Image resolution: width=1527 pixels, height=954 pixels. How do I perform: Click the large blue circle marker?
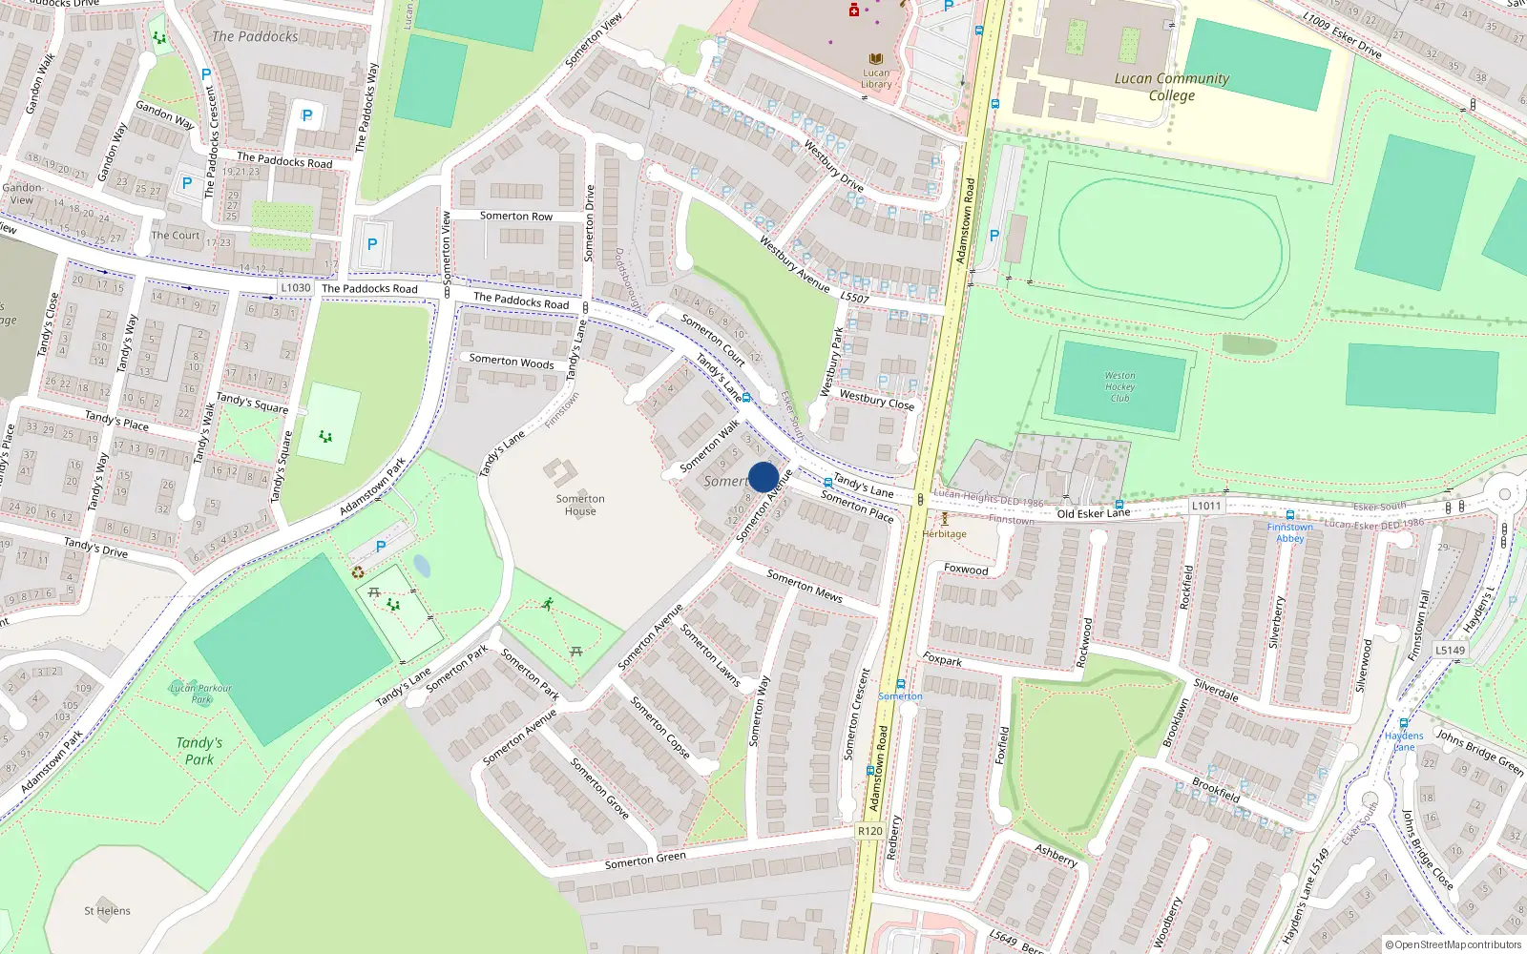(x=763, y=477)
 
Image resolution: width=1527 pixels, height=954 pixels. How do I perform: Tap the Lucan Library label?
(x=876, y=78)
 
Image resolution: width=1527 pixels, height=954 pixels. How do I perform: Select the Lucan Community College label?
(x=1172, y=87)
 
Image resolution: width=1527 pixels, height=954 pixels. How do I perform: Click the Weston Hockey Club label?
(x=1119, y=386)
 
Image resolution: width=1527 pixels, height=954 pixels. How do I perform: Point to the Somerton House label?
(x=580, y=505)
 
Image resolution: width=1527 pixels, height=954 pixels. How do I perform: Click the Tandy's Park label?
(x=199, y=751)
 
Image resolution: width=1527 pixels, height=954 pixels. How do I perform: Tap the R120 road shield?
(x=870, y=831)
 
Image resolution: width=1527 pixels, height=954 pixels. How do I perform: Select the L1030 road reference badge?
(x=296, y=287)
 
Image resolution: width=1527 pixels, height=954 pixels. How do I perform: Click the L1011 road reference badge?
(x=1206, y=506)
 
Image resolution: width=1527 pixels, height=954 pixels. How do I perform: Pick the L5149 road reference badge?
(x=1450, y=650)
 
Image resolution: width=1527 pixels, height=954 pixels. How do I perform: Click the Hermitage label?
(x=945, y=534)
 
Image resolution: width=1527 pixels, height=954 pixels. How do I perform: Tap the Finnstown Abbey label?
(x=1290, y=532)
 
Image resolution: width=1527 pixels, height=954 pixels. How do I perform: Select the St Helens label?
(x=107, y=911)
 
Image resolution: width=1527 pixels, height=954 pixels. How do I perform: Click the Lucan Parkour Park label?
(x=200, y=694)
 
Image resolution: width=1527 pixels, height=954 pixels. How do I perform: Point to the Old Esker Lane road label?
(x=1093, y=513)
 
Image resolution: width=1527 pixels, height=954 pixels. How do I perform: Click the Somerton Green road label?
(x=645, y=861)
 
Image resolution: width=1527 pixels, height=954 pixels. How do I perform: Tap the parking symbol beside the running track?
(x=994, y=236)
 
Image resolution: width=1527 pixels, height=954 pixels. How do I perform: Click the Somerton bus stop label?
(x=900, y=696)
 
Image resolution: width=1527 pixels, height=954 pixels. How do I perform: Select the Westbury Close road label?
(x=876, y=400)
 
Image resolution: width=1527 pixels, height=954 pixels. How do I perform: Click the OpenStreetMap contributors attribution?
(x=1454, y=944)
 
